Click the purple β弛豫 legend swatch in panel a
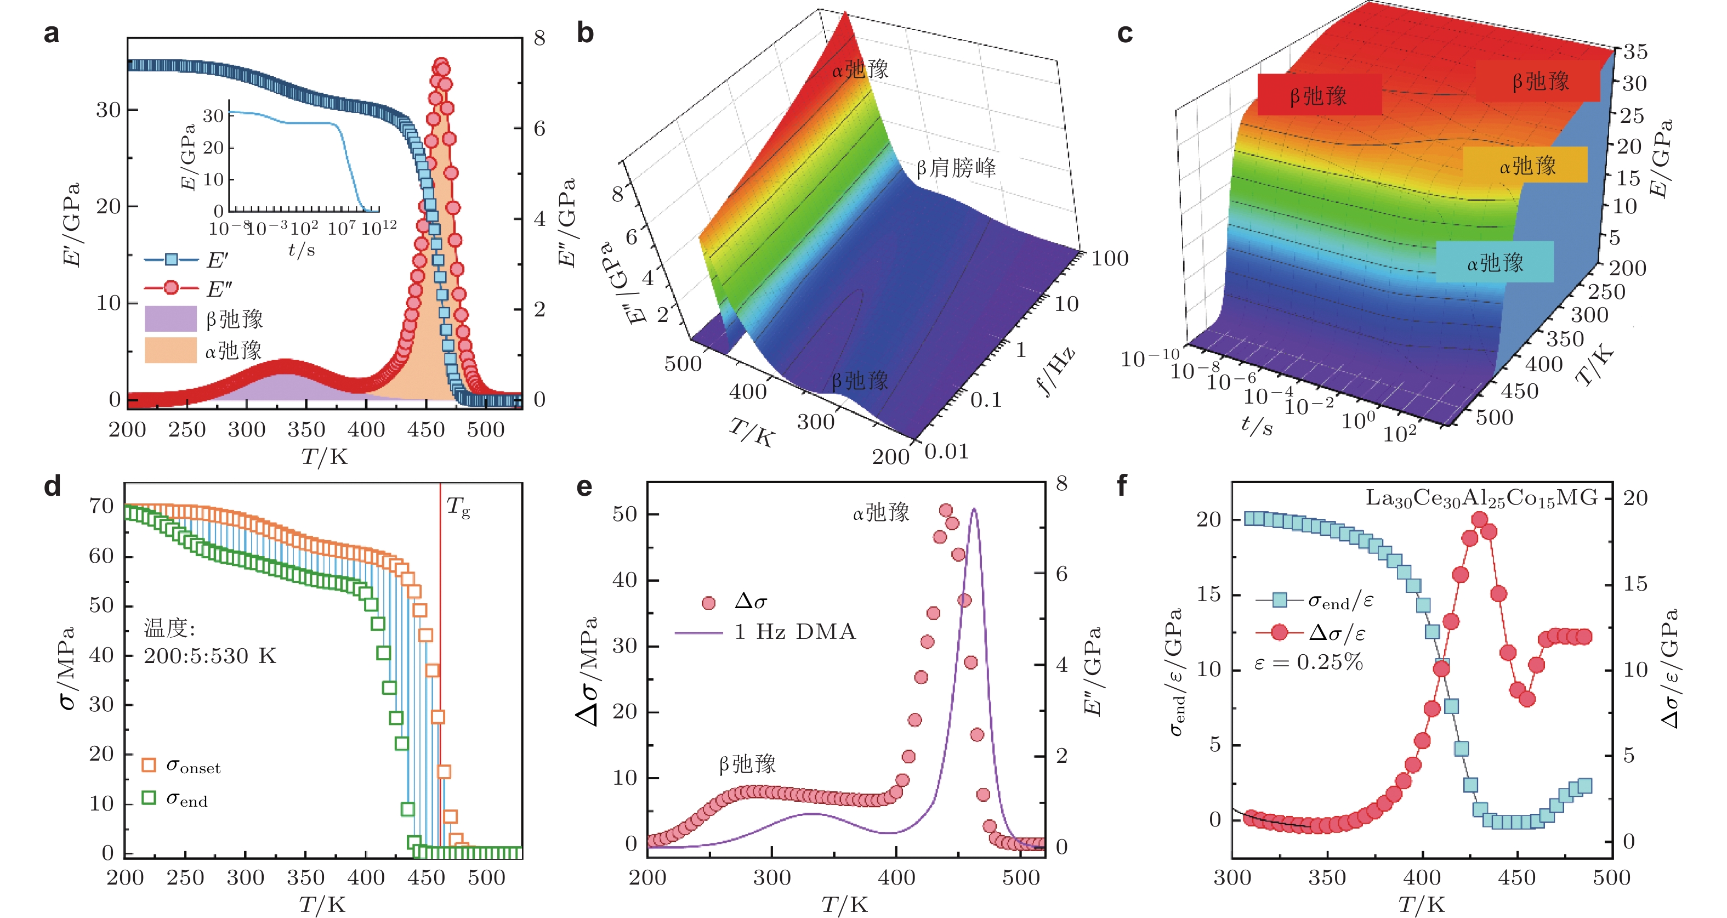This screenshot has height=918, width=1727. coord(171,319)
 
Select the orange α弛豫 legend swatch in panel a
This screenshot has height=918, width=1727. coord(171,350)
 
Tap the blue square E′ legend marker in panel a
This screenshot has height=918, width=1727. coord(172,259)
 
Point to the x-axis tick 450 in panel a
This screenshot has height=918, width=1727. coord(425,429)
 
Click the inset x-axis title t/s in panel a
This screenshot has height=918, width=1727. coord(301,250)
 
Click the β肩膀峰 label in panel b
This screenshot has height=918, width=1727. coord(956,168)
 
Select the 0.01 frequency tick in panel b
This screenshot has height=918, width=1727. coord(947,452)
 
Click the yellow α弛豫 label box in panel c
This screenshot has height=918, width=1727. coord(1525,165)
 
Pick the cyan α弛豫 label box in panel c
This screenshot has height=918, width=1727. coord(1495,262)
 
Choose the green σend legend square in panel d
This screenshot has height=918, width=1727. coord(149,797)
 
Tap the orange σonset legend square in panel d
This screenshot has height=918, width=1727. coord(149,764)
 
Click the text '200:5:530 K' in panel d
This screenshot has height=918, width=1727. coord(210,656)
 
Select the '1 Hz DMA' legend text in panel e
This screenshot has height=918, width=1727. coord(795,632)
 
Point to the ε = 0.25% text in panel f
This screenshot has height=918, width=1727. coord(1309,662)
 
